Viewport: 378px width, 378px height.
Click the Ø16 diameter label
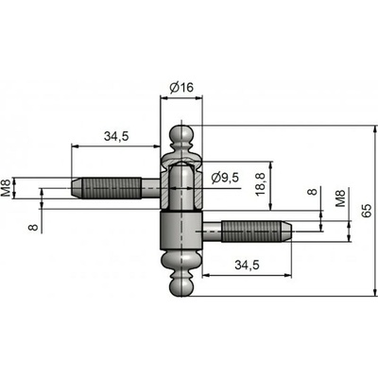(x=181, y=87)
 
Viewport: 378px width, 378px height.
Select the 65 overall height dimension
(x=367, y=211)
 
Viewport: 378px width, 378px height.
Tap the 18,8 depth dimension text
(x=261, y=184)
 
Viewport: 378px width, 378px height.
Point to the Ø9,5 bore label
(x=225, y=178)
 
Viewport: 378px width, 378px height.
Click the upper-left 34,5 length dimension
(x=116, y=136)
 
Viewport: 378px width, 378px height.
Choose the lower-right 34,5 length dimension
(x=247, y=266)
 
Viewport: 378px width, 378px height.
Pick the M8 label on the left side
(x=7, y=187)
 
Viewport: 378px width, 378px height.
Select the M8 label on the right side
(x=340, y=198)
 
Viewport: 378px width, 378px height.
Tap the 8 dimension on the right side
(x=312, y=191)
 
